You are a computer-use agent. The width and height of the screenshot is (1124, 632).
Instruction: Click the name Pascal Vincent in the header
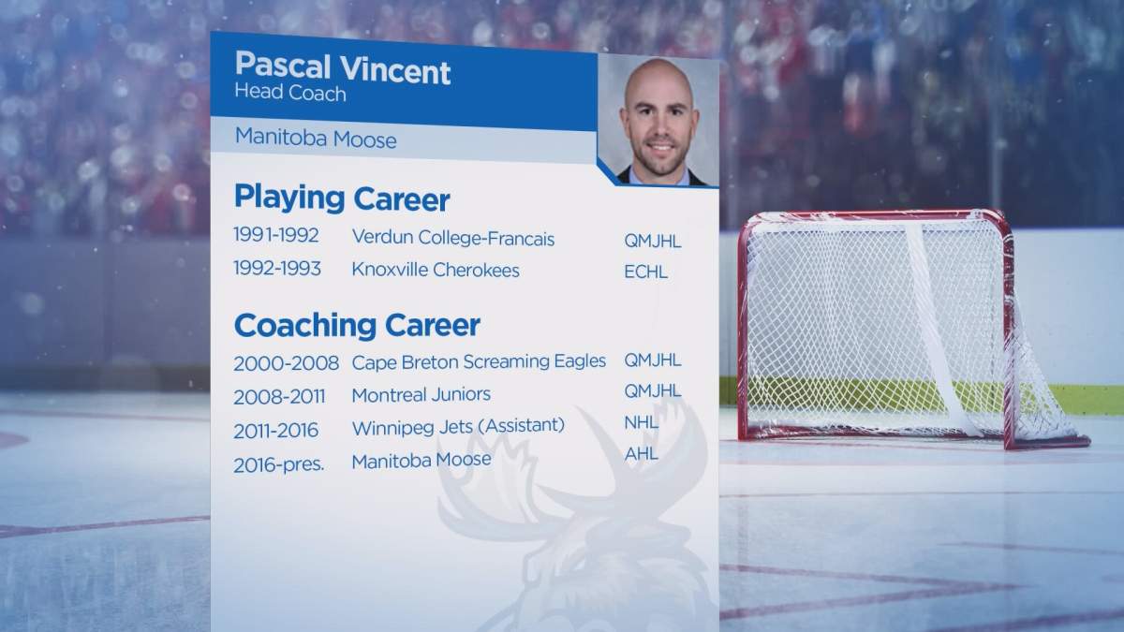342,69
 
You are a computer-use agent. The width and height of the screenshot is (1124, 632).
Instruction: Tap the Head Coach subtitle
290,94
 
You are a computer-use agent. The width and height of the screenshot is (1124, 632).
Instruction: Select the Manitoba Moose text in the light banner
316,140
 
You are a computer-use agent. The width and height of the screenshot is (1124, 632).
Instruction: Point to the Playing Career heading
342,198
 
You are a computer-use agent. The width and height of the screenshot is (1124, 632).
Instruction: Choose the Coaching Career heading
357,325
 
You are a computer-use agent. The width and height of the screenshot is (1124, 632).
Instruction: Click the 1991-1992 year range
277,236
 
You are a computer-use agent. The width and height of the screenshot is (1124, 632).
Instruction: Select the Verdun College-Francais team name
453,239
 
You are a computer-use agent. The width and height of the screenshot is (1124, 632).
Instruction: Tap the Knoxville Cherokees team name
436,270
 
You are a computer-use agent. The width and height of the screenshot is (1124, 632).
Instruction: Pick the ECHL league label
646,272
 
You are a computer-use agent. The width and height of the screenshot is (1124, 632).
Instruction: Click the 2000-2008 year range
286,362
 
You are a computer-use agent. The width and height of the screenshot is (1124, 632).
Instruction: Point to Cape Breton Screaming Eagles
479,361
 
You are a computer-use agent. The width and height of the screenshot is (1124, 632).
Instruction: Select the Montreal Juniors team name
421,394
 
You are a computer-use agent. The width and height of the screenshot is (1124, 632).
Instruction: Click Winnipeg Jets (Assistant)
458,426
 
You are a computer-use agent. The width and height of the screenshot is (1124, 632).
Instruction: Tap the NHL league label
641,422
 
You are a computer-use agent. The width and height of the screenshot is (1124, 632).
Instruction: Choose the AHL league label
641,454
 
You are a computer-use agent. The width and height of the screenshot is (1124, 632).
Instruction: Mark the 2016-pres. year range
279,463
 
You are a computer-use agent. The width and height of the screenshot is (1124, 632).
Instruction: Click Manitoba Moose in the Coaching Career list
421,460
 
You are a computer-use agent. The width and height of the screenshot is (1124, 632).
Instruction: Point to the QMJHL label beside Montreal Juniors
653,391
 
